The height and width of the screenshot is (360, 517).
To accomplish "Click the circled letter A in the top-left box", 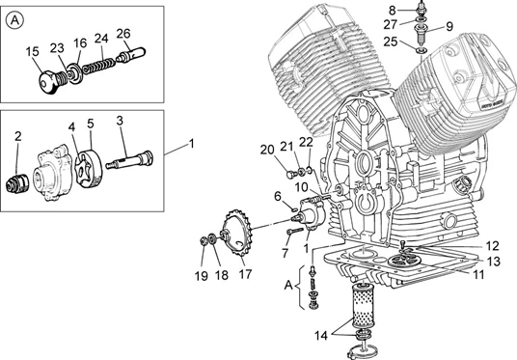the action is (14, 20).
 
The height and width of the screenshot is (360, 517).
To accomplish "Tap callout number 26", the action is (123, 34).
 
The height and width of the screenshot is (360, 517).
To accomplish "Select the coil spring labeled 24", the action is (98, 65).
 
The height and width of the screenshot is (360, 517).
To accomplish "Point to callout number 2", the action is (18, 136).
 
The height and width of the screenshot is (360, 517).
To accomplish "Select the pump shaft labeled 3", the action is (129, 160).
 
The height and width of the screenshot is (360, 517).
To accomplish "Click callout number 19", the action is (202, 275).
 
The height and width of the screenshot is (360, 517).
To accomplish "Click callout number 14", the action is (321, 336).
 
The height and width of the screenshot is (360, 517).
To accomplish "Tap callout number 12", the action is (492, 246).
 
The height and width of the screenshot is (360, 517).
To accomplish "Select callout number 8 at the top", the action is (392, 11).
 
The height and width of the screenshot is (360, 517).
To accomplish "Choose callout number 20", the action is (267, 150).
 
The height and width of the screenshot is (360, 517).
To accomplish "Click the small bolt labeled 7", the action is (295, 231).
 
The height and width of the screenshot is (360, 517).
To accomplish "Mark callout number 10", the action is (301, 187).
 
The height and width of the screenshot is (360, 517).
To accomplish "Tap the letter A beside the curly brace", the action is (288, 285).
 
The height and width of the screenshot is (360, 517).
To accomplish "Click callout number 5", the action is (91, 124).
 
